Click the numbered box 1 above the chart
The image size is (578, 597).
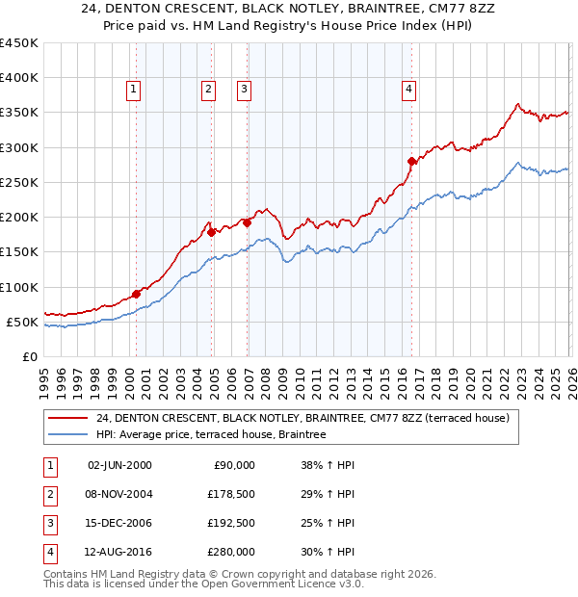click(133, 90)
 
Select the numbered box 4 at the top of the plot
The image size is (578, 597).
click(409, 90)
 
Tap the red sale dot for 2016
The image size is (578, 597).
click(412, 161)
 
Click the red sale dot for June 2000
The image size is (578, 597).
click(136, 294)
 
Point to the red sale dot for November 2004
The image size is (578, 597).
click(211, 232)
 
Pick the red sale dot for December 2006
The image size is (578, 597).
click(247, 222)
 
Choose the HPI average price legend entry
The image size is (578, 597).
click(211, 435)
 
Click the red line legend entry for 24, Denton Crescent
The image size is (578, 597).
click(308, 418)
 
